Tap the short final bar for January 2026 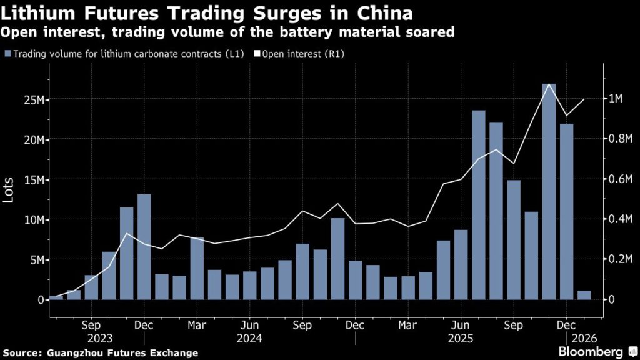point(584,295)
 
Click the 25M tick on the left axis point(31,99)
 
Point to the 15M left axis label point(31,179)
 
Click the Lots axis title point(9,187)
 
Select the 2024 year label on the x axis point(250,338)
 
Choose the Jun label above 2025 point(461,326)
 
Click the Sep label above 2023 point(91,326)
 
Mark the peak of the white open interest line point(549,84)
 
